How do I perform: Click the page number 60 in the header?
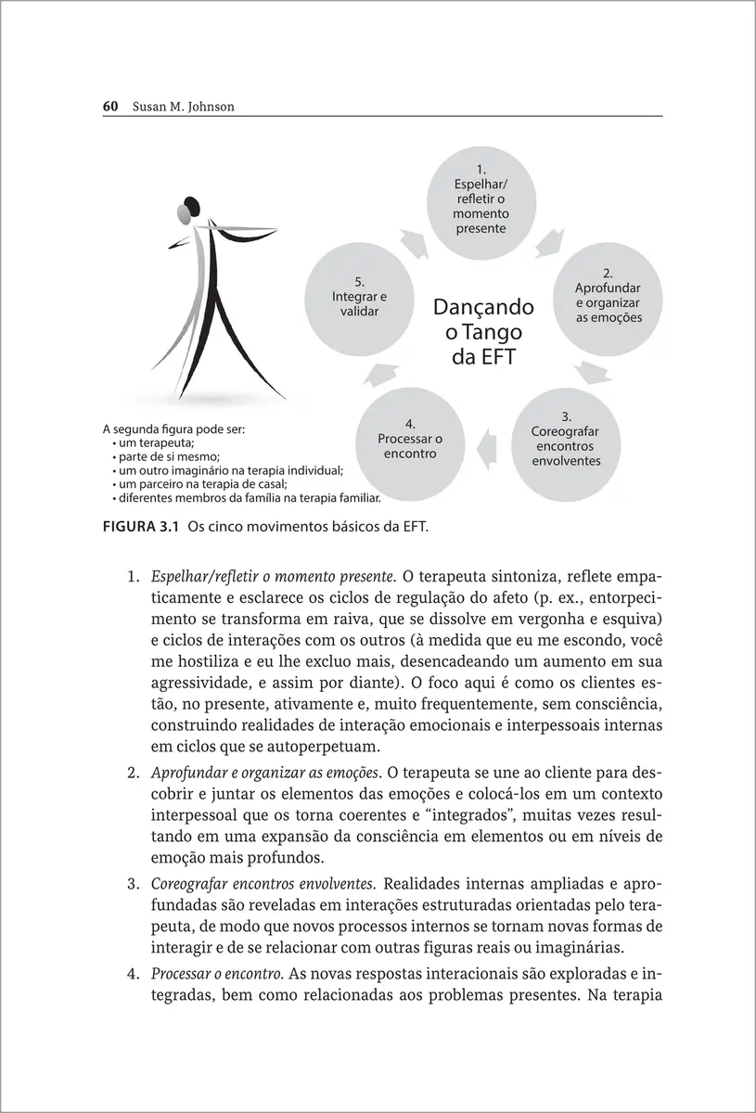tap(109, 107)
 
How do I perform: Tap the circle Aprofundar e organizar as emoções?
tap(609, 296)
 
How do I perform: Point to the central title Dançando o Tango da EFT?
tap(483, 332)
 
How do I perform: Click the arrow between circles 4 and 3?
tap(487, 451)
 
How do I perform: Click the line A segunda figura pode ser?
tap(174, 430)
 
